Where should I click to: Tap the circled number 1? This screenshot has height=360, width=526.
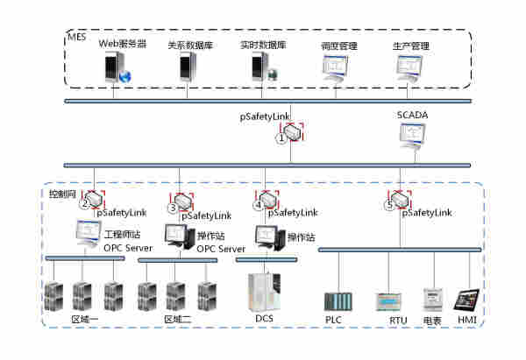(281, 138)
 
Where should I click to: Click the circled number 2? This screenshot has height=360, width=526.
(85, 205)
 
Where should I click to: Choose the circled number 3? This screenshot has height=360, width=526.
(173, 208)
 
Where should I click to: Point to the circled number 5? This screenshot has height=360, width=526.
(389, 206)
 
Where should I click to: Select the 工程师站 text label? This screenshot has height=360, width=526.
(120, 235)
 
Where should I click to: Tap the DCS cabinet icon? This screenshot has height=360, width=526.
(263, 291)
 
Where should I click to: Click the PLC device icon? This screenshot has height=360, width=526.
(338, 302)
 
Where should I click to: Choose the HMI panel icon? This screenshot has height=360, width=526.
(466, 300)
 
